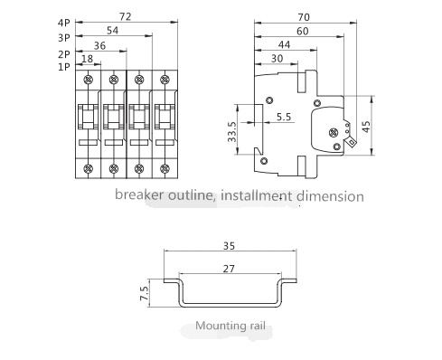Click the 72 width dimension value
126,16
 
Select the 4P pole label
64,23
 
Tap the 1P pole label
64,67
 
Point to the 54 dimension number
112,31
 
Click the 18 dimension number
88,59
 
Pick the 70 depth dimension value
304,17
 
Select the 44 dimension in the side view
284,45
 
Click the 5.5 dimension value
284,117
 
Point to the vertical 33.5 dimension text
232,132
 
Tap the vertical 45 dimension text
366,127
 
